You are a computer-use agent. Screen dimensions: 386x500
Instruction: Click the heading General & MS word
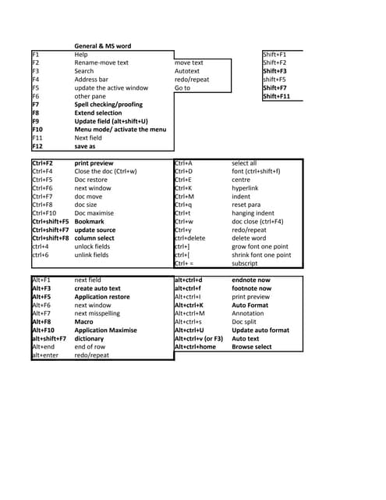[x=102, y=46]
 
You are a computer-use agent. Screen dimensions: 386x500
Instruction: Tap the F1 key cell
[x=36, y=55]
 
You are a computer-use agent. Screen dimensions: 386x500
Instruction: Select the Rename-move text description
[x=101, y=62]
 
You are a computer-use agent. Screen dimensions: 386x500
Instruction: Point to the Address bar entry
[x=91, y=80]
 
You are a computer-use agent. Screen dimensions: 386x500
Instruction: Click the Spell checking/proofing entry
[x=108, y=104]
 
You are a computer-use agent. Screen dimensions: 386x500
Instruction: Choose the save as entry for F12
[x=85, y=146]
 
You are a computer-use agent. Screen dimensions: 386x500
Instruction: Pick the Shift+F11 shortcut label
[x=277, y=96]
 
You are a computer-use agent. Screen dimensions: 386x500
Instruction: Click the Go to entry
[x=182, y=87]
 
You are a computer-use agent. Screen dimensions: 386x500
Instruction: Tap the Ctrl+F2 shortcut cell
[x=43, y=162]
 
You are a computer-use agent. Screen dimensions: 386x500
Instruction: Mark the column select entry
[x=94, y=238]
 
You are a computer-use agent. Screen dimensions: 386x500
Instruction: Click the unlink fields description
[x=92, y=255]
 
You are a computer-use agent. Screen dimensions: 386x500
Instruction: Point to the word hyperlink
[x=246, y=188]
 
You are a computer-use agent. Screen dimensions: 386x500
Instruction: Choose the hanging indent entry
[x=253, y=213]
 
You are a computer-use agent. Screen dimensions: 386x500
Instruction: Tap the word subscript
[x=245, y=263]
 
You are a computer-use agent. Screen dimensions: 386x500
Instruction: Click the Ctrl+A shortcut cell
[x=183, y=162]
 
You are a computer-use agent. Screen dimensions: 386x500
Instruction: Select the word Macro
[x=83, y=321]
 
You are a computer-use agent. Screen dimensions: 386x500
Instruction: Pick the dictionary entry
[x=90, y=338]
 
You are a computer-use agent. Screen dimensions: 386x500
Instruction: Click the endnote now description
[x=251, y=279]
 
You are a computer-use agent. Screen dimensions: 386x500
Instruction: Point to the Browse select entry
[x=252, y=347]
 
